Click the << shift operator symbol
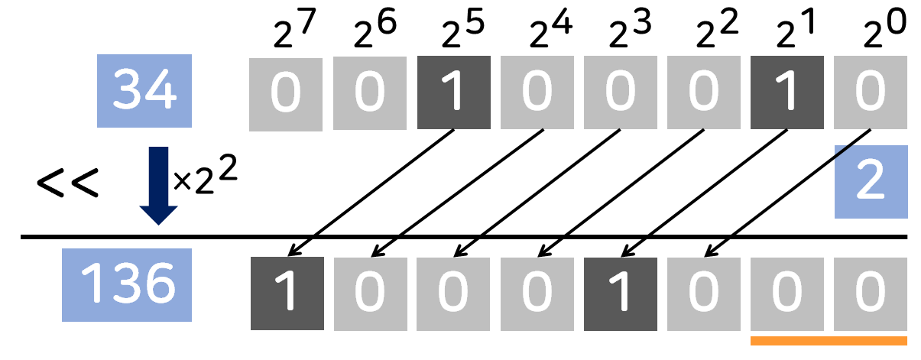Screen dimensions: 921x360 [x=67, y=183]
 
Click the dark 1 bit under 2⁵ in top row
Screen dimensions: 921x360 [x=454, y=93]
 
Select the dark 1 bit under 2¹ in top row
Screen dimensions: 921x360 [x=787, y=93]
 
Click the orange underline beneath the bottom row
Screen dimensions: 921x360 [x=829, y=341]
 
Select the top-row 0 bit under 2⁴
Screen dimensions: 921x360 [x=537, y=93]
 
